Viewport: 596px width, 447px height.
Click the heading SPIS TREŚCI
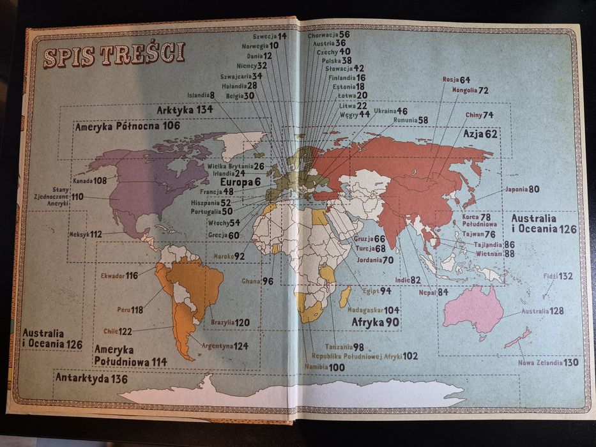114,55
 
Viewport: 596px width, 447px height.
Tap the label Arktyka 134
185,110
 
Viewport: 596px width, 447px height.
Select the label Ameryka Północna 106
127,126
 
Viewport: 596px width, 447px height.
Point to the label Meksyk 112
86,234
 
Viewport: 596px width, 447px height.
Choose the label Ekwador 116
119,275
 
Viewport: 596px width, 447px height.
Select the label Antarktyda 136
91,379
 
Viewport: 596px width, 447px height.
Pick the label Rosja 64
456,80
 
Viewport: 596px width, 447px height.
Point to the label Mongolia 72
470,91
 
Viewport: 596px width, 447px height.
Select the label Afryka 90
375,322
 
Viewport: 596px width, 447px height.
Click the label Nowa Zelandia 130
553,362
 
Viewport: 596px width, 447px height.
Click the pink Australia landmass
474,310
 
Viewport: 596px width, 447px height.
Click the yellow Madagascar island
345,296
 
